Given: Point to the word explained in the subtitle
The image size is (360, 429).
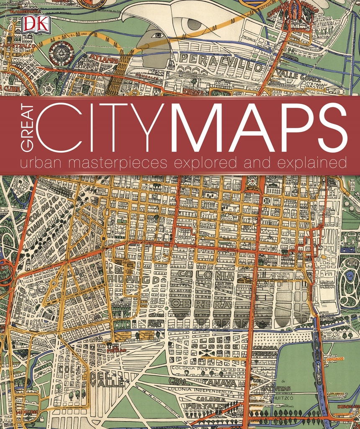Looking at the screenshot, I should (x=312, y=162).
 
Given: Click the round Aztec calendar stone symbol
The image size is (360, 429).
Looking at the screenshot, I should (x=61, y=53).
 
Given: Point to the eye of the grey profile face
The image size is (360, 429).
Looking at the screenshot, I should (x=158, y=36).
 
